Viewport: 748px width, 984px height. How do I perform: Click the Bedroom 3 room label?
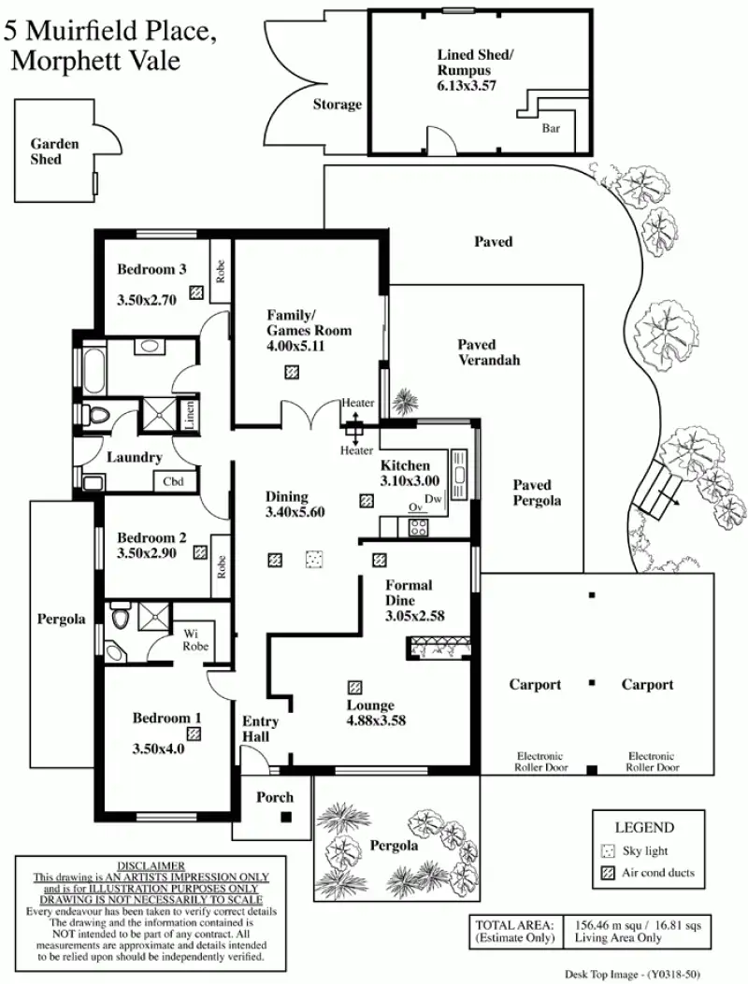coord(151,270)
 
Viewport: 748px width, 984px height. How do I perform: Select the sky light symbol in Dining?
coord(314,559)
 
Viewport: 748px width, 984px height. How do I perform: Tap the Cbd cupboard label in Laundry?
coord(174,482)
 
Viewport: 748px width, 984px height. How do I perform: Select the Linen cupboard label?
coord(190,413)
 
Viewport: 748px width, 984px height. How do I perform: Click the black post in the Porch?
coord(286,816)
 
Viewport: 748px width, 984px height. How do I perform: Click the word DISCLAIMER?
coord(151,865)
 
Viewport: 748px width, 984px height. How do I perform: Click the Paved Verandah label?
coord(488,352)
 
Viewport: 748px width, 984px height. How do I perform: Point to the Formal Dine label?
coord(409,593)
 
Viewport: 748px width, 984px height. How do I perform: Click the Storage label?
coord(337,105)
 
